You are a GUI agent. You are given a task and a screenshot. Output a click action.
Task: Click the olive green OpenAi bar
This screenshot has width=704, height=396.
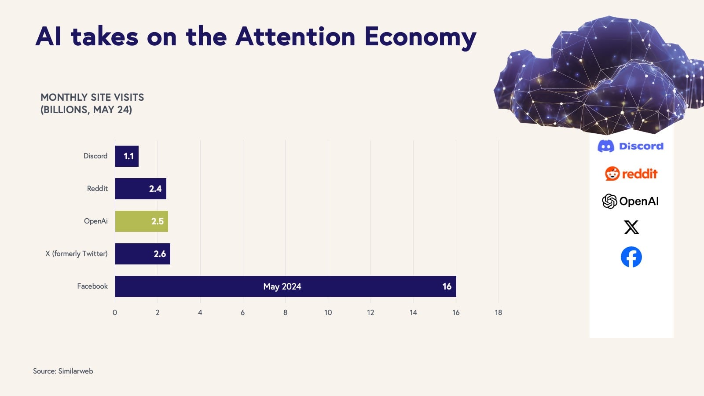141,221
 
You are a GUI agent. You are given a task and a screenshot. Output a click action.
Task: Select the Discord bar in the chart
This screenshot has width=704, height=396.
127,156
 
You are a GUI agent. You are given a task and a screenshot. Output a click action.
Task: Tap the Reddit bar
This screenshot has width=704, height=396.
140,189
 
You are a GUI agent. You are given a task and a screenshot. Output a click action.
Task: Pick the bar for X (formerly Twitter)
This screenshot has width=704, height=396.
143,254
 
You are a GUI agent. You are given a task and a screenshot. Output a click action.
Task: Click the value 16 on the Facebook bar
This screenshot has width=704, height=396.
447,286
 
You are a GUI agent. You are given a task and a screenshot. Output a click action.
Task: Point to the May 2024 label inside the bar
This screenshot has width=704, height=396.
282,286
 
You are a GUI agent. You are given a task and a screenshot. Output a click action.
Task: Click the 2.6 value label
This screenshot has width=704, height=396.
160,254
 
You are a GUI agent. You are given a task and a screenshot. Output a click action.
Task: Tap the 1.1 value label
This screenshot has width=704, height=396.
128,156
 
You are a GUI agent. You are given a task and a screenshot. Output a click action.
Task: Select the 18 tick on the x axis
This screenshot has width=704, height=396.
498,312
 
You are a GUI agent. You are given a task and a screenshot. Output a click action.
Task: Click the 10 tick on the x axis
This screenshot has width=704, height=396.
328,312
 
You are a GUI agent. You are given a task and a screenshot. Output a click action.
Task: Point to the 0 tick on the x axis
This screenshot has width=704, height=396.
115,312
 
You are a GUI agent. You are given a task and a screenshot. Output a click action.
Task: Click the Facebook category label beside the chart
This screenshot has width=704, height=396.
92,286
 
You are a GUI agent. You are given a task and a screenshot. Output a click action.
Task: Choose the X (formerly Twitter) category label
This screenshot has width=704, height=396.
77,253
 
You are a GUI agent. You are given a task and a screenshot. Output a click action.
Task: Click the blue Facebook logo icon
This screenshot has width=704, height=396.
631,257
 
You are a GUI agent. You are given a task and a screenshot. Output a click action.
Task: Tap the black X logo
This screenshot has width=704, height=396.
631,227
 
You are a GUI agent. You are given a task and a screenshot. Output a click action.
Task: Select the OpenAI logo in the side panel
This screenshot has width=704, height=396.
630,201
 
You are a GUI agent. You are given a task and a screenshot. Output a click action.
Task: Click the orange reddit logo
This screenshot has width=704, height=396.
631,174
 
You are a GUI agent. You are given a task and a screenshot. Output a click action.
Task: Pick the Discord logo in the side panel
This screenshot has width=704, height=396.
631,146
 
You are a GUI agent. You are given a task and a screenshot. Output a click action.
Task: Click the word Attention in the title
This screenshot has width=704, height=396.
295,37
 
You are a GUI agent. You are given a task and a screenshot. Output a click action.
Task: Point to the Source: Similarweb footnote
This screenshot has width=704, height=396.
63,371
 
